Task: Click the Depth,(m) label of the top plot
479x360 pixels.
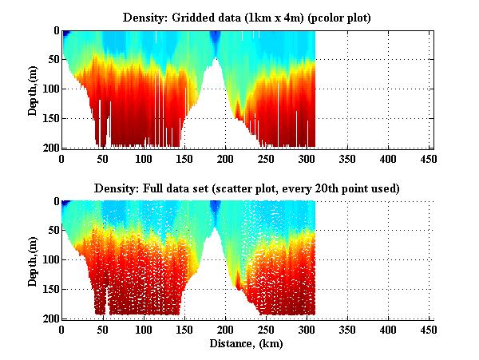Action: [34, 89]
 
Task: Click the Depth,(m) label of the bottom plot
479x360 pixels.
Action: [34, 260]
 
